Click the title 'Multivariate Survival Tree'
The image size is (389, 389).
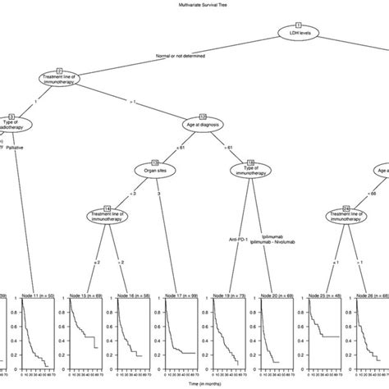point(194,6)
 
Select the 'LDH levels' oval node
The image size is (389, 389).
point(299,34)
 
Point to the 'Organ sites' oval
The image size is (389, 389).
point(156,171)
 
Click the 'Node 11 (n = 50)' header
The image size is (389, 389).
point(37,295)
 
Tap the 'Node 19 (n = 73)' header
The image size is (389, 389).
point(229,295)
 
